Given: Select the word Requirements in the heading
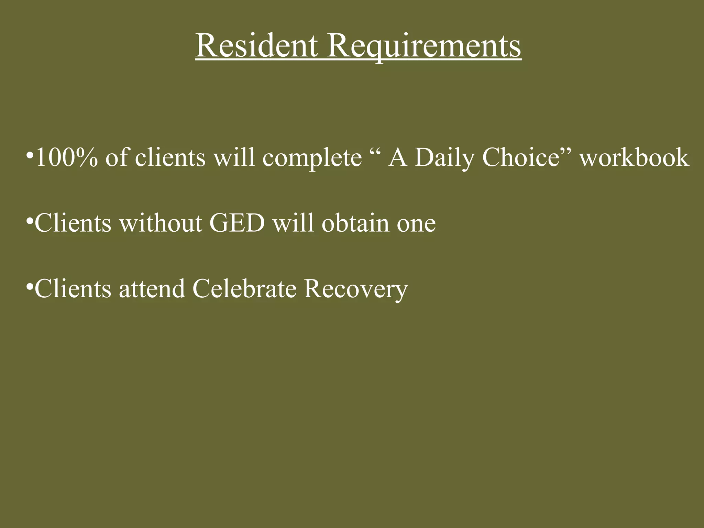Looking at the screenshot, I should pyautogui.click(x=424, y=47).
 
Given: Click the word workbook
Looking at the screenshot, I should pyautogui.click(x=635, y=157).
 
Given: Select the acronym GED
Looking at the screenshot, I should pyautogui.click(x=237, y=223).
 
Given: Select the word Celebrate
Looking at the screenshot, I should pyautogui.click(x=244, y=288).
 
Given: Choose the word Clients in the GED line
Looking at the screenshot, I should pyautogui.click(x=73, y=223).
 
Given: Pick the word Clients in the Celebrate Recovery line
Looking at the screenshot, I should pyautogui.click(x=73, y=288).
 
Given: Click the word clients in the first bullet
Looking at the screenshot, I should pyautogui.click(x=170, y=157).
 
